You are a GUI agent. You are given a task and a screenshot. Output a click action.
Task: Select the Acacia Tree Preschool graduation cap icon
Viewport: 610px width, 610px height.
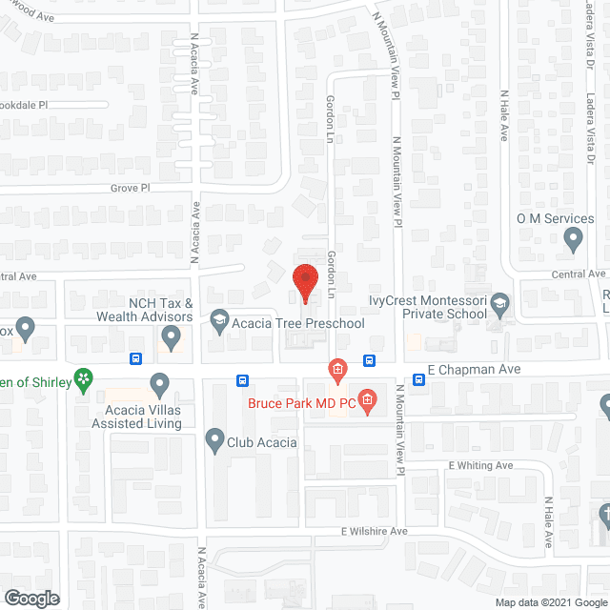coord(219,317)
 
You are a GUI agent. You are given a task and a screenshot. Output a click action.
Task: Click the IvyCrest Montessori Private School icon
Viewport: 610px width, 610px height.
coord(499,306)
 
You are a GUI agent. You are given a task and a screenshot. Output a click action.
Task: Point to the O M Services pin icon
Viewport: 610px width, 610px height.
coord(573,240)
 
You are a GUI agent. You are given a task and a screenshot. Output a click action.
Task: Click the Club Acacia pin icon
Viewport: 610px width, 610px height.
coord(214,439)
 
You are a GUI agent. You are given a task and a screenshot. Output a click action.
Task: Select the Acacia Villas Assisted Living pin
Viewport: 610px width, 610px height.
coord(159,385)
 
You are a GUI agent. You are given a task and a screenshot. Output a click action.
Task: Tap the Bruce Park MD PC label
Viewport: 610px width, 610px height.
coord(301,402)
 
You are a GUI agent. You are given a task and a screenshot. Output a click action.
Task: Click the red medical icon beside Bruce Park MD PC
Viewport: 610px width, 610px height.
coord(366,399)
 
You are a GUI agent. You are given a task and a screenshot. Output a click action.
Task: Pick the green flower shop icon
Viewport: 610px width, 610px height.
coord(84,379)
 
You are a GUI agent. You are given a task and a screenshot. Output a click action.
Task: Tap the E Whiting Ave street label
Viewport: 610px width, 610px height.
coord(480,465)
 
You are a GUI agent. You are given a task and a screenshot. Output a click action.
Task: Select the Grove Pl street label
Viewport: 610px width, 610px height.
coord(130,189)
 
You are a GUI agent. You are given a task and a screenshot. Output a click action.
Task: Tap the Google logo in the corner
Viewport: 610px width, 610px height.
coord(30,598)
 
